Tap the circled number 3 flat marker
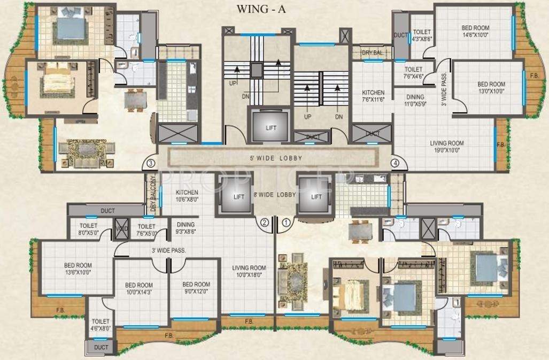point(151,163)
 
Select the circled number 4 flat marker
point(395,163)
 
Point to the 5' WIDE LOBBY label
point(276,158)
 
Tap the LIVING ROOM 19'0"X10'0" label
point(447,147)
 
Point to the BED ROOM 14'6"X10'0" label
point(475,32)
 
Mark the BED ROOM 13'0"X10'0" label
point(491,88)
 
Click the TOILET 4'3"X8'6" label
point(422,35)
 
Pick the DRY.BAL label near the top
point(372,53)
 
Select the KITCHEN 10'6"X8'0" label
point(187,196)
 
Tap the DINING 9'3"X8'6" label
point(186,228)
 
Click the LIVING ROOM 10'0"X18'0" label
point(249,272)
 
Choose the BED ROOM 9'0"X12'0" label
point(196,288)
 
